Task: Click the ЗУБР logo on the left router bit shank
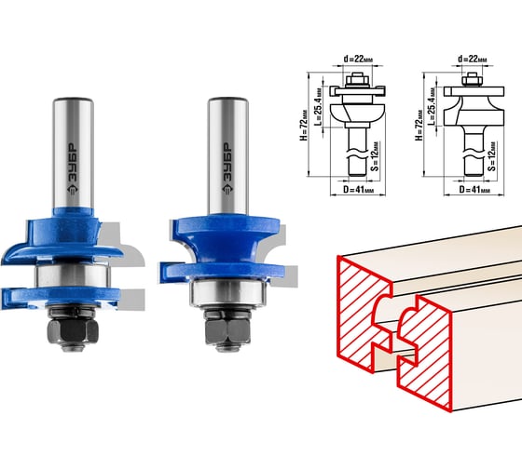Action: click(73, 168)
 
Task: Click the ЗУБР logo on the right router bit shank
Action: click(227, 168)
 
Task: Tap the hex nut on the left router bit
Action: click(73, 331)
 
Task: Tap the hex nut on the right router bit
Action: click(227, 331)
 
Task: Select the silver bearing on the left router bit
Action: click(73, 275)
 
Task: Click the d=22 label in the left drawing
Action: click(358, 60)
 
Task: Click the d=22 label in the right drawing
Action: click(473, 60)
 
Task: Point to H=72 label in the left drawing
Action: click(304, 125)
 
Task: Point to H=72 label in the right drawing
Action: click(419, 125)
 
